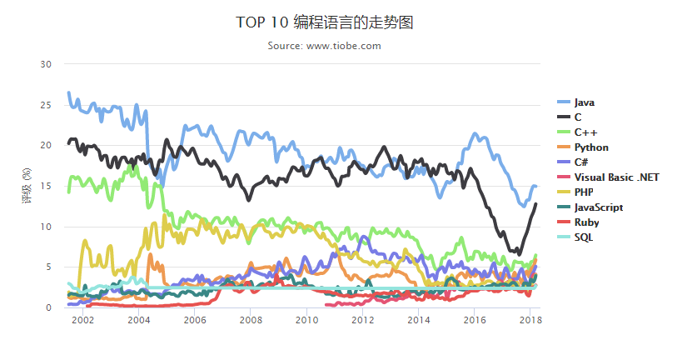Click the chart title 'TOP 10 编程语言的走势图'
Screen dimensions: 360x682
[324, 22]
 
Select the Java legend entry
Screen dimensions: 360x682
[584, 102]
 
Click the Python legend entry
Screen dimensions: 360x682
[591, 147]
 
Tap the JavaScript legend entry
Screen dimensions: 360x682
[599, 207]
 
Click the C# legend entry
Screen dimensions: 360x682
[582, 162]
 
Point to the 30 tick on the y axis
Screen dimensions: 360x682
[47, 64]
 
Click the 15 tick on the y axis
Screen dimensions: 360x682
[47, 186]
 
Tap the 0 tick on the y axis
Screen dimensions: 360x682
[49, 308]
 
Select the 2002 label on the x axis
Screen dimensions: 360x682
[82, 320]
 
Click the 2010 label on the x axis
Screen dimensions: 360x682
[306, 320]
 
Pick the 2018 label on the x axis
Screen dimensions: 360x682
[530, 320]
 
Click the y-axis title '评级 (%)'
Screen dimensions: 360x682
[27, 186]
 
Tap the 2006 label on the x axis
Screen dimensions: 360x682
[194, 320]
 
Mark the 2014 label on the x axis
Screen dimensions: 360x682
[418, 320]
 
